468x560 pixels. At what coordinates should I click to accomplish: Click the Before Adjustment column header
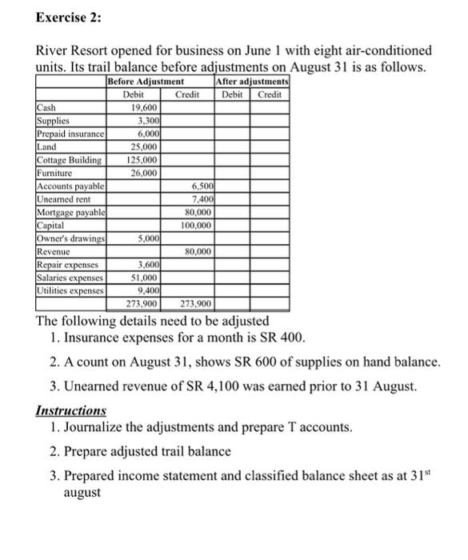(146, 82)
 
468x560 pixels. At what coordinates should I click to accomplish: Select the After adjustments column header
(253, 82)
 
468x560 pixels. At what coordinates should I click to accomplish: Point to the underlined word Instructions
(71, 410)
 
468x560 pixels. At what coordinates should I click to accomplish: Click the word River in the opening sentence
(54, 50)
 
